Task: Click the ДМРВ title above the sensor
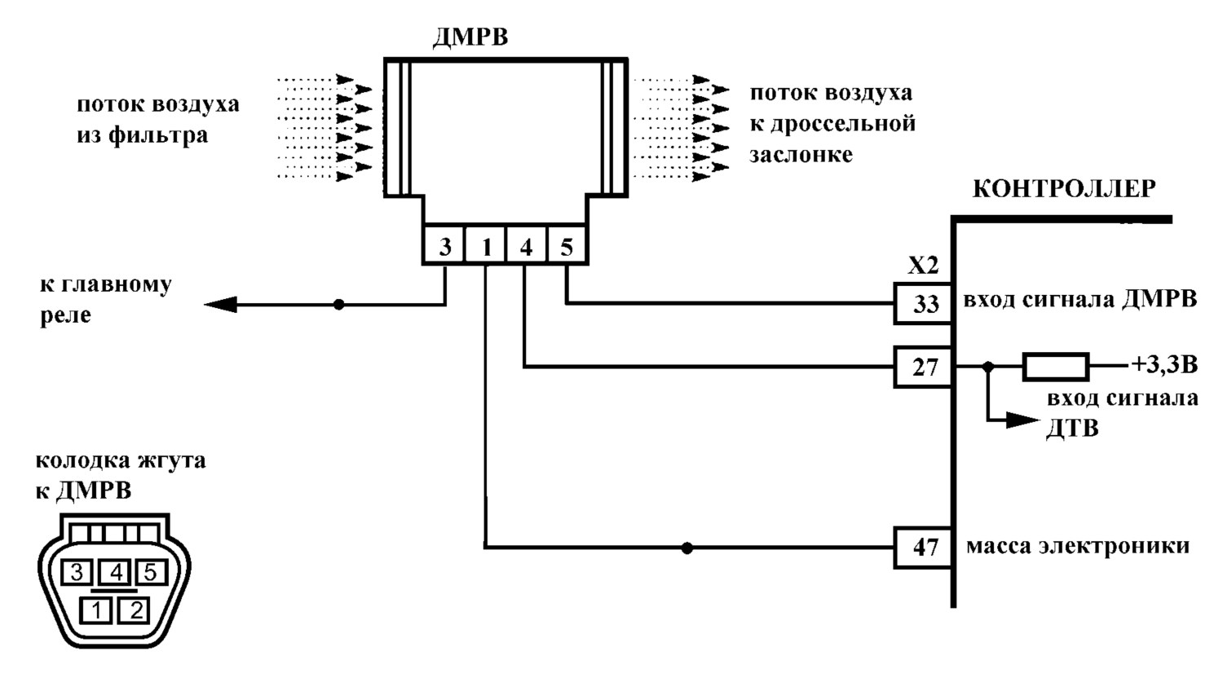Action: (x=470, y=38)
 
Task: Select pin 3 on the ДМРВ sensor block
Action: (x=444, y=245)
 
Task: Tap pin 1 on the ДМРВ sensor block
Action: (x=485, y=245)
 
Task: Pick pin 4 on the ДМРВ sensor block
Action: (x=526, y=245)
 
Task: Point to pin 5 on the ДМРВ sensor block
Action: (x=567, y=245)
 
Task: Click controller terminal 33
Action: (x=924, y=303)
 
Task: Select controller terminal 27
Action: (x=924, y=367)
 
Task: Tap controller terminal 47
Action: (x=924, y=548)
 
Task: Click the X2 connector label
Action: (x=923, y=266)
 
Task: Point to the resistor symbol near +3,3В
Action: (x=1055, y=367)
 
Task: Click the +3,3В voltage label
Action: (x=1164, y=364)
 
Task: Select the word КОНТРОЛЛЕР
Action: (x=1064, y=189)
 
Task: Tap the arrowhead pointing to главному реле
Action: (x=221, y=304)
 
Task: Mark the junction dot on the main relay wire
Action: (x=339, y=304)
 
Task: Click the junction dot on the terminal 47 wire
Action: (x=687, y=548)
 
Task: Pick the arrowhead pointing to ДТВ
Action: (x=1022, y=420)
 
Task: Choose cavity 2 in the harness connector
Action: (x=135, y=610)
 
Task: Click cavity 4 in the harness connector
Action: (x=116, y=573)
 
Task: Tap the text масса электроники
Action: (x=1078, y=546)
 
